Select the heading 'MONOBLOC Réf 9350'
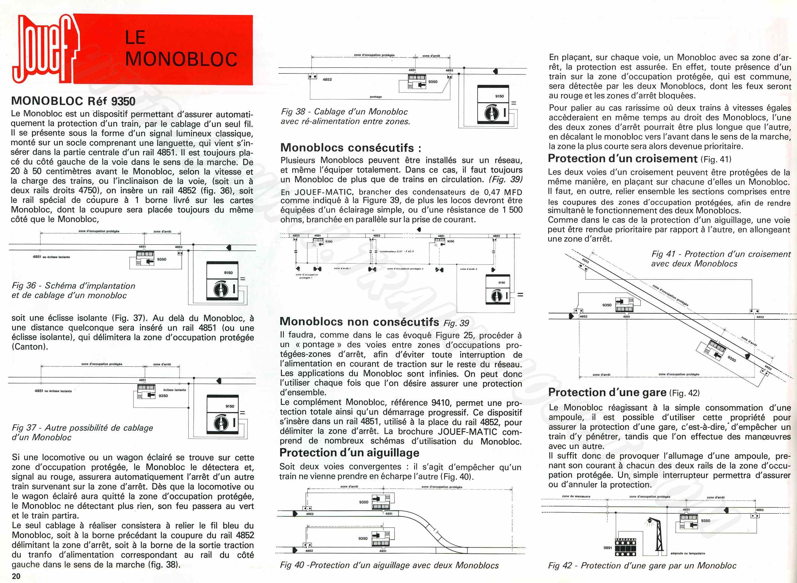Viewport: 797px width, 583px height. point(73,101)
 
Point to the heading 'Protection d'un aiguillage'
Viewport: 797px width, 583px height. point(349,453)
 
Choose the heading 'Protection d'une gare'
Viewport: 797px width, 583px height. point(607,392)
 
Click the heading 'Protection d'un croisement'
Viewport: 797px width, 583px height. point(623,159)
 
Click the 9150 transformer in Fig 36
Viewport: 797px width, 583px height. point(223,281)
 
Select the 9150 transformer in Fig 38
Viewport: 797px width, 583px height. point(493,105)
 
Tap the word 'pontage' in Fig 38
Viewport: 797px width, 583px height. point(376,97)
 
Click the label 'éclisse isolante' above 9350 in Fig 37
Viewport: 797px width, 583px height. point(174,390)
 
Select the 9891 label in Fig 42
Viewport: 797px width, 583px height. point(607,548)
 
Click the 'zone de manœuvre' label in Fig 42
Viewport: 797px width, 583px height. point(576,497)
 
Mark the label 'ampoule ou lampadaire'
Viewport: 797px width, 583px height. point(688,553)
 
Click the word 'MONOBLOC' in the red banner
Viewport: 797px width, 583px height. point(181,59)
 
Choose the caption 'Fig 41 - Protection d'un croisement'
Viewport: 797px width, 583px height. point(721,254)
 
